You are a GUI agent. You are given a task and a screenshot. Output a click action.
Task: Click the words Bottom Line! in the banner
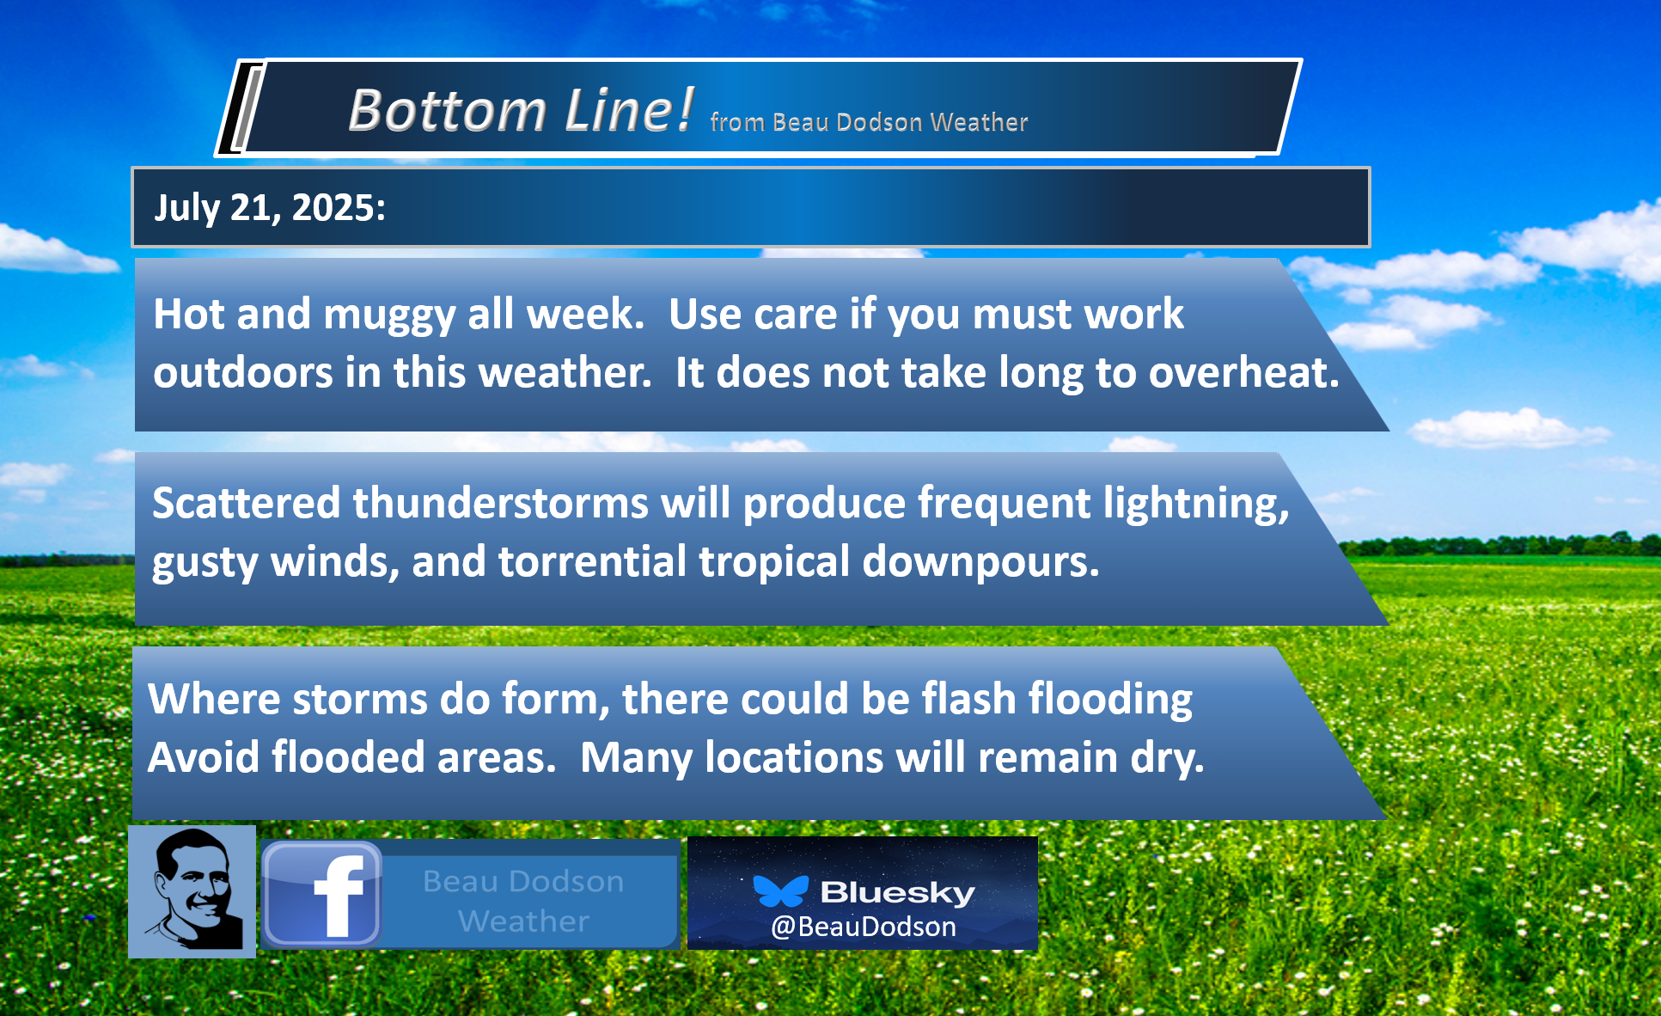pyautogui.click(x=521, y=110)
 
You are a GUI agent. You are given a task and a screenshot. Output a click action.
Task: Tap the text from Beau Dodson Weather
pyautogui.click(x=869, y=122)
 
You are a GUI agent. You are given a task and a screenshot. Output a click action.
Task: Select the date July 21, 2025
pyautogui.click(x=270, y=208)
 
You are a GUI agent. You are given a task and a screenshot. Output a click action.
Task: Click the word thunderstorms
pyautogui.click(x=500, y=502)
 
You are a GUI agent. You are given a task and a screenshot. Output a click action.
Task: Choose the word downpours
pyautogui.click(x=980, y=562)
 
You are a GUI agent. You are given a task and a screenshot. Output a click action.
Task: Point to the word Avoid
pyautogui.click(x=203, y=757)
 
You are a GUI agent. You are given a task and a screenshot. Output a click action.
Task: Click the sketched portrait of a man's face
pyautogui.click(x=192, y=891)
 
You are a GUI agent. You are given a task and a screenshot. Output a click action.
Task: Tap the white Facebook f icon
pyautogui.click(x=338, y=896)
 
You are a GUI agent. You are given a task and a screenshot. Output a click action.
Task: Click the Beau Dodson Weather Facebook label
pyautogui.click(x=523, y=901)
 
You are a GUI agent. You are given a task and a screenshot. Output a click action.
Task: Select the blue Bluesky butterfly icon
pyautogui.click(x=780, y=891)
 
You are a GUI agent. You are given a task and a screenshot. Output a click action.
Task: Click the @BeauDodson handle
pyautogui.click(x=864, y=927)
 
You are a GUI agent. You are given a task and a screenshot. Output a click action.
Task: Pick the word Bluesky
pyautogui.click(x=898, y=892)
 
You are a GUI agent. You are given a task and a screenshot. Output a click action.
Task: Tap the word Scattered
pyautogui.click(x=247, y=502)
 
